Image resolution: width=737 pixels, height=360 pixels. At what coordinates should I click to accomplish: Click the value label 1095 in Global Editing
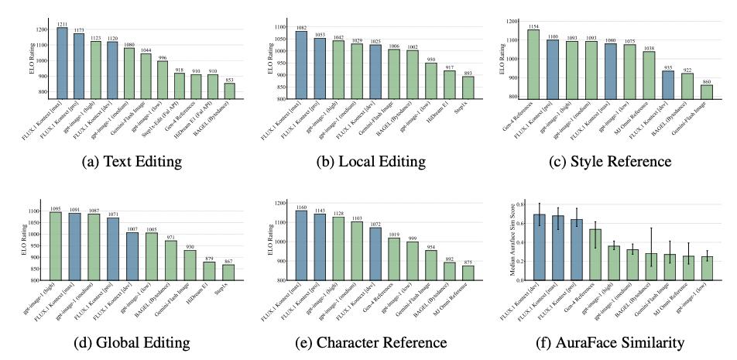55,208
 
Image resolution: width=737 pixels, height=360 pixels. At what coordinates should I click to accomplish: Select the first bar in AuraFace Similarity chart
540,247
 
